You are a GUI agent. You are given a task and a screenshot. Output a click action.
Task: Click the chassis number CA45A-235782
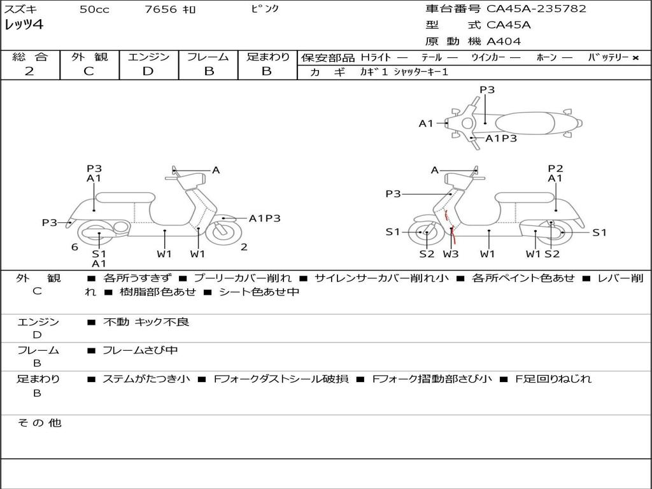(x=536, y=9)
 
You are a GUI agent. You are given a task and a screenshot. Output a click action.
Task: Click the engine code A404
(x=504, y=41)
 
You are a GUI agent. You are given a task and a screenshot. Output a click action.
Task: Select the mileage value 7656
(x=160, y=9)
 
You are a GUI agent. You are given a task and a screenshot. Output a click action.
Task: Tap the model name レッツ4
(x=24, y=25)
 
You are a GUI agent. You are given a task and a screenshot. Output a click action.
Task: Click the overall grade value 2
(x=29, y=71)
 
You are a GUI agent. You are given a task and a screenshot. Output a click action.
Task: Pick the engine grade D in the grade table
(x=148, y=71)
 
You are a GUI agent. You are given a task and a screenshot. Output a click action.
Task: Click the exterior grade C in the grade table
(x=89, y=71)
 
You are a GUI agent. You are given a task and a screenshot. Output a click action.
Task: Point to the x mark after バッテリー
(x=635, y=58)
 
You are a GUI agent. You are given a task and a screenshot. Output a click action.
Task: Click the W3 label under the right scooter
(x=451, y=253)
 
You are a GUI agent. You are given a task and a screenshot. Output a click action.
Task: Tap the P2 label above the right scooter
(x=555, y=168)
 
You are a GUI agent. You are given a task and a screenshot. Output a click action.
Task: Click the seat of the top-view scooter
(x=525, y=124)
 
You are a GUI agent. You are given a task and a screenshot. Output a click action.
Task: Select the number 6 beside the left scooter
(x=74, y=247)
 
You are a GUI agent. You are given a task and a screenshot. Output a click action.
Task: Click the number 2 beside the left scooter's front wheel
(x=244, y=247)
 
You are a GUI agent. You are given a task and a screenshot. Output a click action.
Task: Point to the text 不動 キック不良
(x=146, y=322)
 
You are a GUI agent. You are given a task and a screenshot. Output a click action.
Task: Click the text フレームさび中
(x=140, y=350)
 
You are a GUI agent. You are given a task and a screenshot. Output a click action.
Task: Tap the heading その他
(x=39, y=423)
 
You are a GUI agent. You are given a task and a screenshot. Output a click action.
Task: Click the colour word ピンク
(x=265, y=8)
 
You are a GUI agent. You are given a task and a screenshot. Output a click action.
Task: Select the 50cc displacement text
(x=94, y=9)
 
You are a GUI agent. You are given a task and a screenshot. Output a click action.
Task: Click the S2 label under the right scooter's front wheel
(x=427, y=253)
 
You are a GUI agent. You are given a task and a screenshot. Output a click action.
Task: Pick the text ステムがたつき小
(x=146, y=379)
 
